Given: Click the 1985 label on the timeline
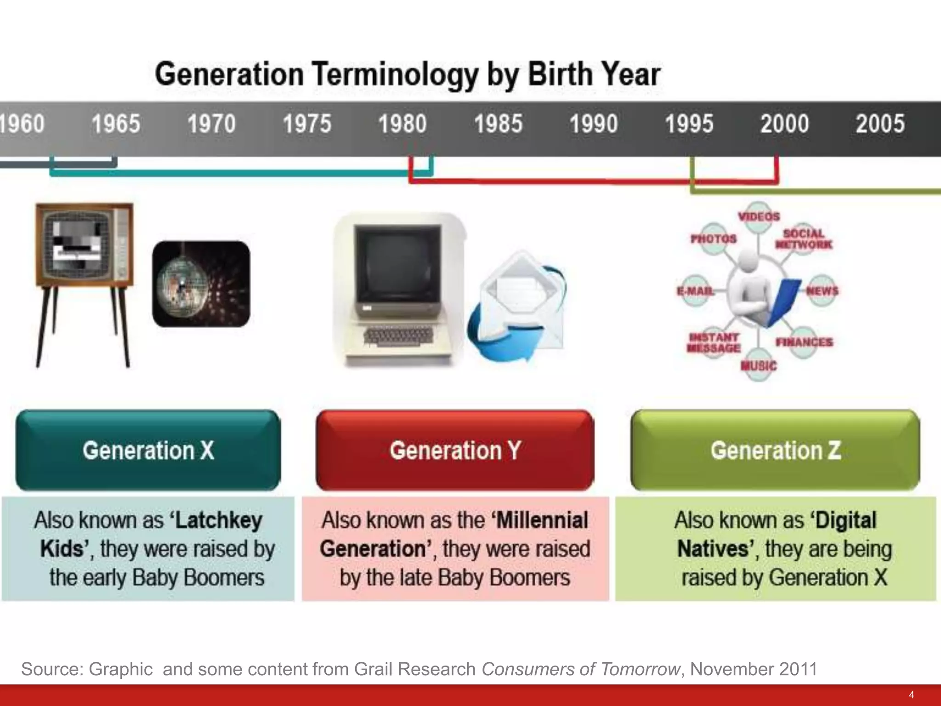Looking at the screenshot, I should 498,124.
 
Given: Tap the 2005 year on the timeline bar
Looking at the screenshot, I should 880,124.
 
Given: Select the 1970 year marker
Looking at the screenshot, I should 211,124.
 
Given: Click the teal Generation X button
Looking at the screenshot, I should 148,450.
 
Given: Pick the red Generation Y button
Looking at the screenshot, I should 455,450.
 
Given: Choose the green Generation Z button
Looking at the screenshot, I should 775,450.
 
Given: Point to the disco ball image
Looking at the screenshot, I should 201,284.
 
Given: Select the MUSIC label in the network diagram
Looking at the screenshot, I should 759,366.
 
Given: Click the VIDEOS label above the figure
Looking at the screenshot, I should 759,216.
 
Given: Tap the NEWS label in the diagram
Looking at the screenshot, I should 822,291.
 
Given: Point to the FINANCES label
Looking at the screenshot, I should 804,342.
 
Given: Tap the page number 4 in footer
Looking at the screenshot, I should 911,695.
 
